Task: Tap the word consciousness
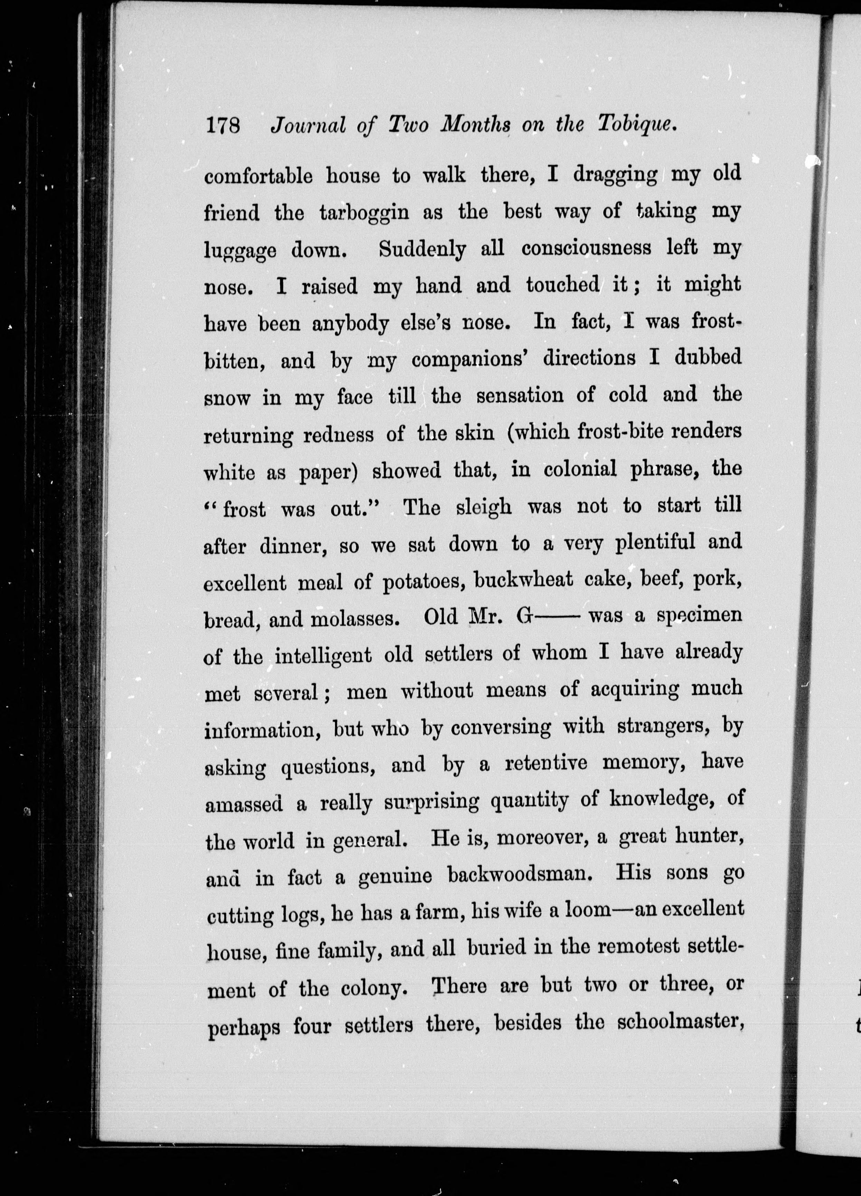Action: coord(587,248)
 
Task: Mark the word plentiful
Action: coord(655,543)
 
